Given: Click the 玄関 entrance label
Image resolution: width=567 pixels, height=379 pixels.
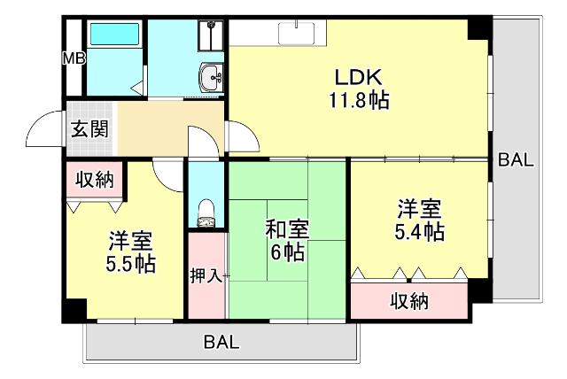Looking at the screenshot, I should click(89, 129).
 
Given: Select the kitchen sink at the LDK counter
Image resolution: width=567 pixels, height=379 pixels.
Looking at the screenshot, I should click(295, 32).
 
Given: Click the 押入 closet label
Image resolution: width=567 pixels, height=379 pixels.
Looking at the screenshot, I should click(206, 275).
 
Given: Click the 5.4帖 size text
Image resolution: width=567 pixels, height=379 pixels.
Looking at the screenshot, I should click(419, 232).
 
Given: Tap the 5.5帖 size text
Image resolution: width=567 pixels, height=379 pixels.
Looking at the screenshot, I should click(131, 263).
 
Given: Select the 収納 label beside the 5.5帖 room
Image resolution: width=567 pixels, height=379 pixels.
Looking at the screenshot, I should click(94, 181).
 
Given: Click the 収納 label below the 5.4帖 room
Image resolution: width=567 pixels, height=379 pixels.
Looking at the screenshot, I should click(409, 301).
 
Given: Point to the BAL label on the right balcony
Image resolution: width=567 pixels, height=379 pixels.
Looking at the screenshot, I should click(515, 160).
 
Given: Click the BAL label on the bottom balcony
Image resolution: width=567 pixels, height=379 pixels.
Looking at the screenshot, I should click(221, 343).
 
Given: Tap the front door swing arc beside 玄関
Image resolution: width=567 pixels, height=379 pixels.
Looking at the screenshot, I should click(43, 133).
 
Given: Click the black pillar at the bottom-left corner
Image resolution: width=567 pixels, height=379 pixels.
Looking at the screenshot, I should click(74, 311).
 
